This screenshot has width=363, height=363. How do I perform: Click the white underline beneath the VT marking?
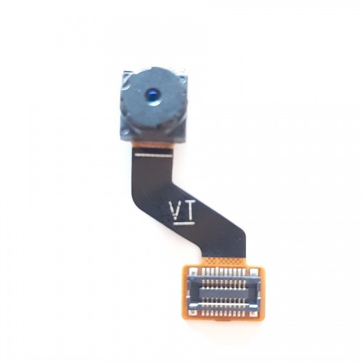184,223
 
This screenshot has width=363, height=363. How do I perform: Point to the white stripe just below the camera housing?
154,155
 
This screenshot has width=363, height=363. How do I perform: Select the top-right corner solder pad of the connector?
253,272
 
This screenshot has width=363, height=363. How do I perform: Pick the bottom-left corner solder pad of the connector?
192,312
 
